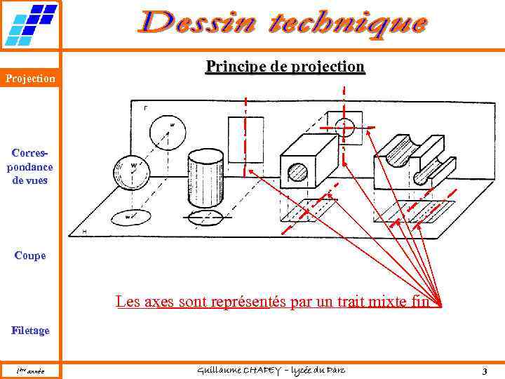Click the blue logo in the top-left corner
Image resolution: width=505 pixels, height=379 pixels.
click(x=31, y=25)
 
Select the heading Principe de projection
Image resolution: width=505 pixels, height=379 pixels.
click(x=285, y=67)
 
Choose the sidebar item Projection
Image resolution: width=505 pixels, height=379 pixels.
click(x=31, y=79)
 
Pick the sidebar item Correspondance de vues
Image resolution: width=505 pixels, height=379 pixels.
click(x=30, y=166)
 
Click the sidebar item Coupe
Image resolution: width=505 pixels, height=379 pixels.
click(x=30, y=255)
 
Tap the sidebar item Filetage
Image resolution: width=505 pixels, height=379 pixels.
click(x=30, y=330)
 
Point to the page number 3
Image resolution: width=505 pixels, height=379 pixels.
click(x=484, y=370)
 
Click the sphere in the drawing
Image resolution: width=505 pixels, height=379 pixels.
click(x=132, y=172)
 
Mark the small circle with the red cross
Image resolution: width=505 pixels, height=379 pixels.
click(x=344, y=128)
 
